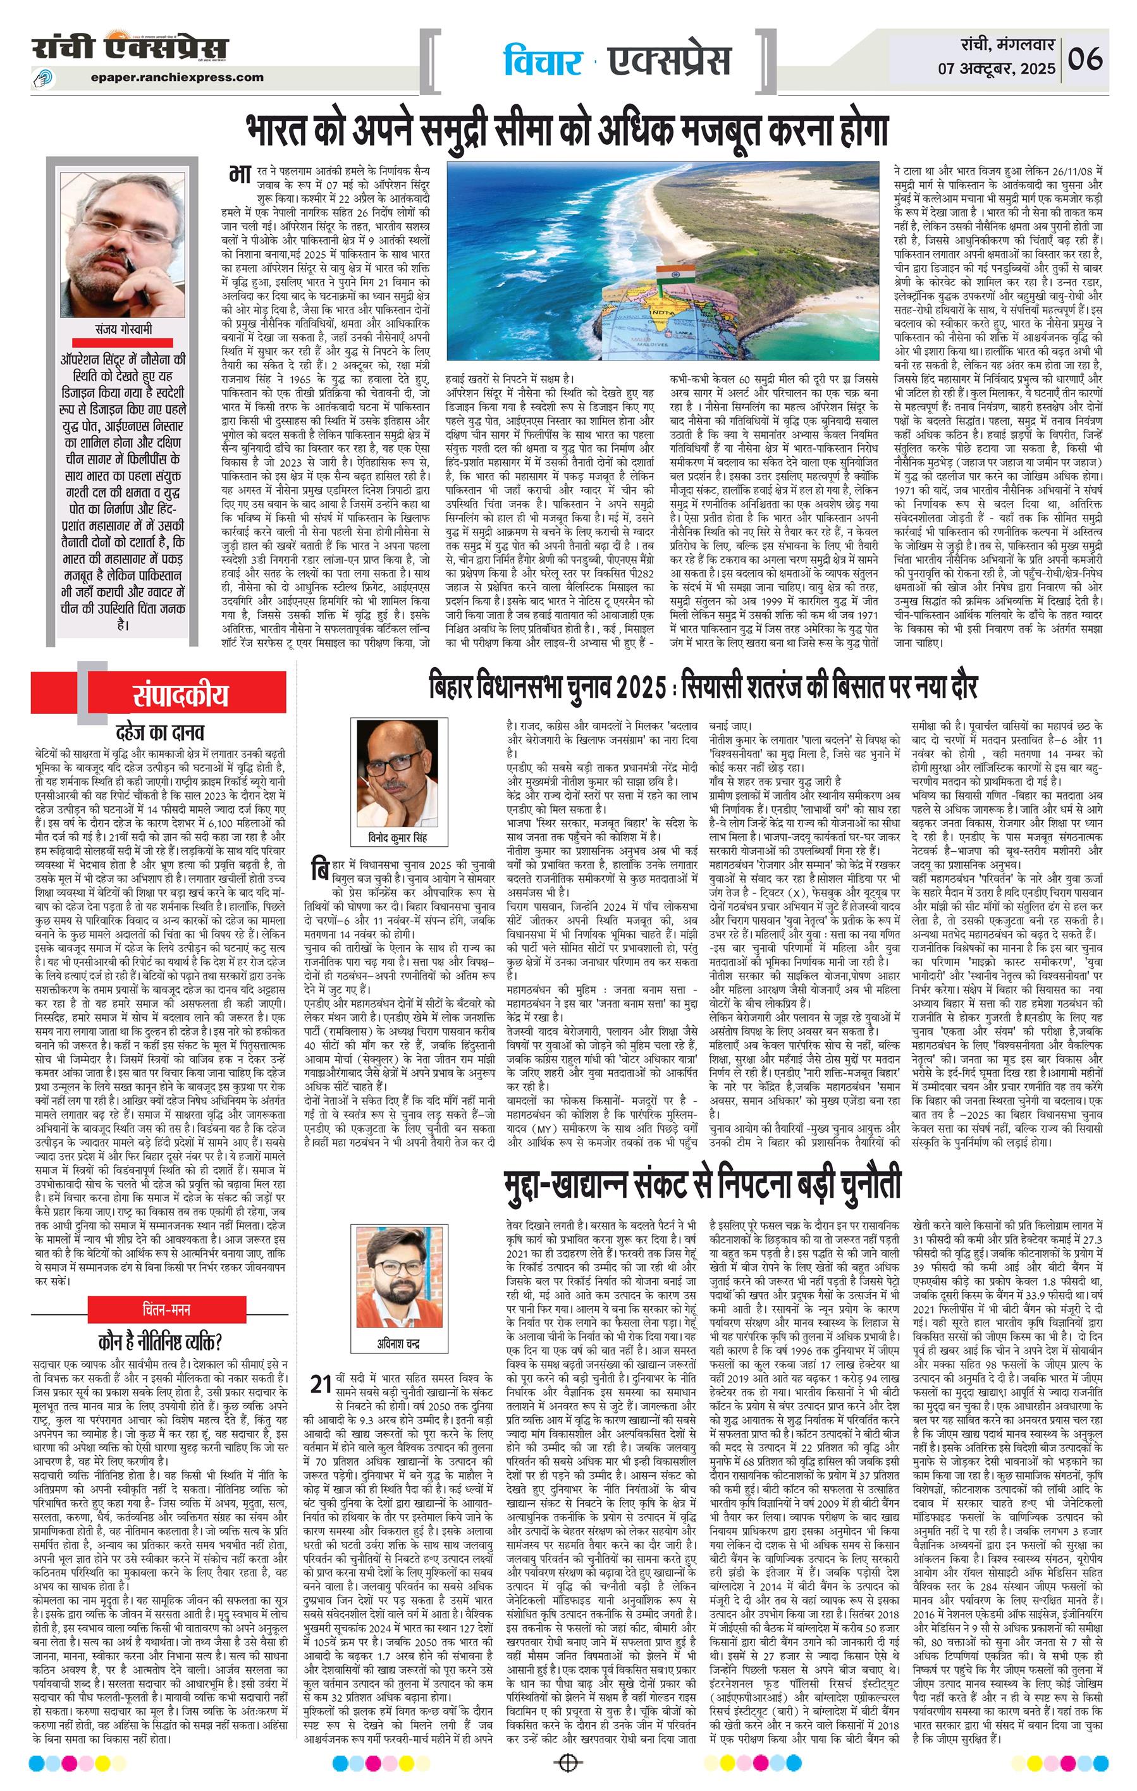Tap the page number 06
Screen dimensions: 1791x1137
click(1085, 59)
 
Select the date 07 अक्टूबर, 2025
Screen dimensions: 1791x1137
click(997, 69)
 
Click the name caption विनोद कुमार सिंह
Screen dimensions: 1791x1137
click(398, 838)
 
